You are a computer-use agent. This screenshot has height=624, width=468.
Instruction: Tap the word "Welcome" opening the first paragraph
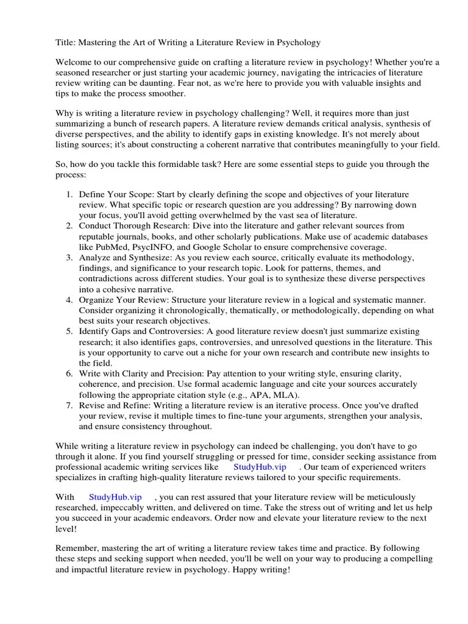click(x=74, y=63)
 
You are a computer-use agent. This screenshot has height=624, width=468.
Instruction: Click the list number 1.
click(x=69, y=194)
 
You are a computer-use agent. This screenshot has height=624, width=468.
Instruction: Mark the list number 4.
click(x=69, y=300)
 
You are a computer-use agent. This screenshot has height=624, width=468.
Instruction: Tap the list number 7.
click(x=69, y=405)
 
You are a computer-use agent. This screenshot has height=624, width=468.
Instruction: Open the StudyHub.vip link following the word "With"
click(x=115, y=497)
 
